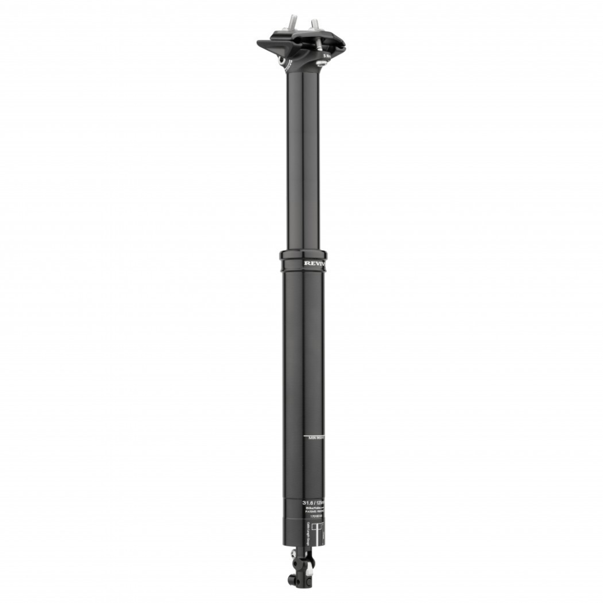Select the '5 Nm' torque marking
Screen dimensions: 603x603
pos(326,54)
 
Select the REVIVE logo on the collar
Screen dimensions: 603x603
pos(314,264)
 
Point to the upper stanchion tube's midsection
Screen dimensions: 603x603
pos(303,157)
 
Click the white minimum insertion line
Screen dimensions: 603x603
pos(312,434)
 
